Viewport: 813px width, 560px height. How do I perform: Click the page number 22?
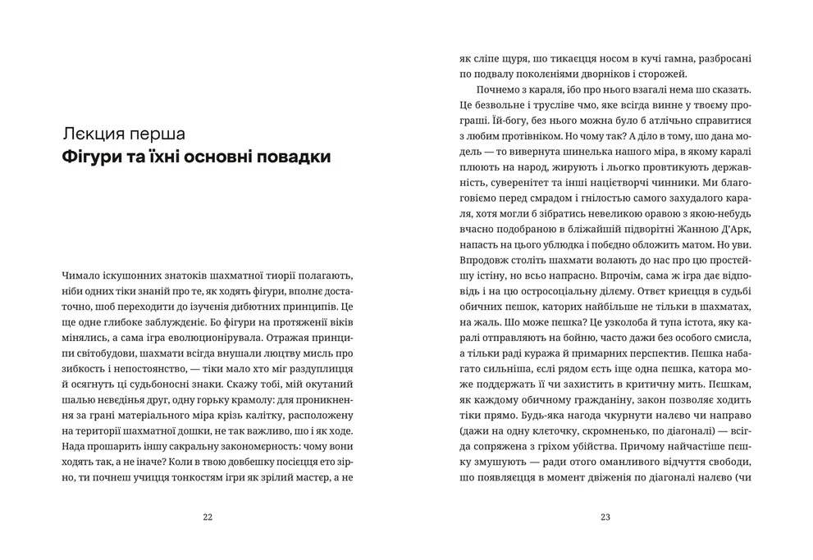pyautogui.click(x=207, y=517)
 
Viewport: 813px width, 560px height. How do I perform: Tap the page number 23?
pyautogui.click(x=605, y=517)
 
